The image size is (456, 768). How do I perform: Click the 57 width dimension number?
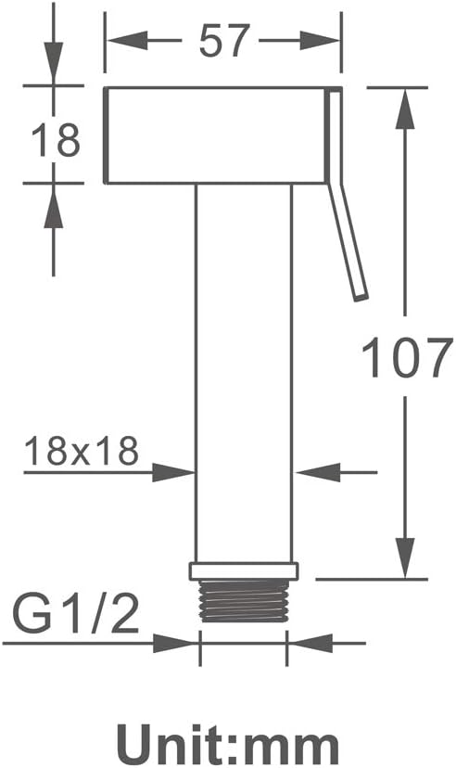[224, 40]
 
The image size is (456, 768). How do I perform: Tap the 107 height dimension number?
[406, 356]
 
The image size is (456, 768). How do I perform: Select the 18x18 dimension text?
[82, 451]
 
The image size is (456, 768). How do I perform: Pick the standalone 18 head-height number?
[55, 141]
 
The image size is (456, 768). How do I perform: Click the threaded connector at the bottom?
[243, 601]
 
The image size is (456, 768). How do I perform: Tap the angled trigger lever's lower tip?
[361, 296]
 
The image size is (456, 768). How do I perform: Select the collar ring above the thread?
[244, 571]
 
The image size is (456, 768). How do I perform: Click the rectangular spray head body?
[215, 135]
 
